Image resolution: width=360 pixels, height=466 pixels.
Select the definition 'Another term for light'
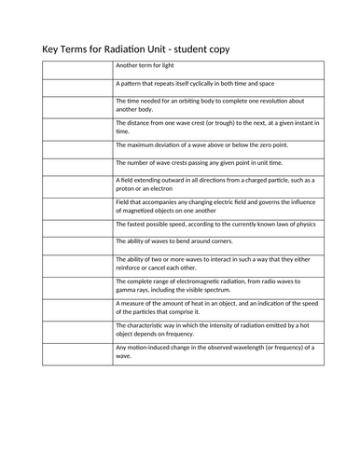tap(145, 67)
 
